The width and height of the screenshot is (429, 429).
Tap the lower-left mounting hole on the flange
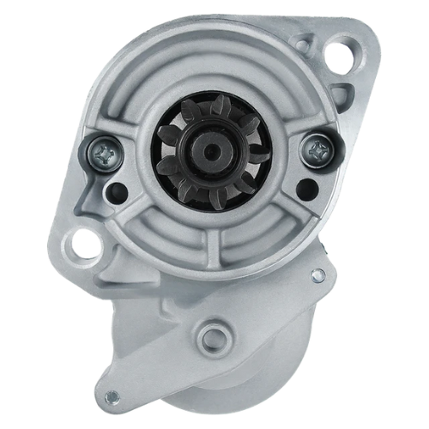[x=85, y=244]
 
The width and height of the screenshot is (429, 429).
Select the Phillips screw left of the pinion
[x=100, y=154]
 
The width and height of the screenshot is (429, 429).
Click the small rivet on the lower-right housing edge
[x=318, y=275]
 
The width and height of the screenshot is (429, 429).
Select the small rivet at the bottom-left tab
[x=111, y=396]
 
